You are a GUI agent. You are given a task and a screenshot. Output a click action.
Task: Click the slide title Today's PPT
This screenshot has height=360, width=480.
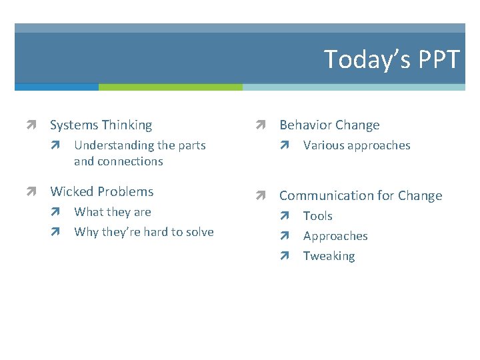391,60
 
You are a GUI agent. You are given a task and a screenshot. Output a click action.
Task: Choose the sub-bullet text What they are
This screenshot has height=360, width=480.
113,212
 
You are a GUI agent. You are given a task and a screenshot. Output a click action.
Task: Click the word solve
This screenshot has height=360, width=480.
199,232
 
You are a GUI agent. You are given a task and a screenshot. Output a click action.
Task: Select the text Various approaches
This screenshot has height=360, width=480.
357,145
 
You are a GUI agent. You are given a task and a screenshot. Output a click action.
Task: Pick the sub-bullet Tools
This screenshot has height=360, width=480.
317,216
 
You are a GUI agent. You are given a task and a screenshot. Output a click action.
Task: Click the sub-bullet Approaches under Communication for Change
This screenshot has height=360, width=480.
335,236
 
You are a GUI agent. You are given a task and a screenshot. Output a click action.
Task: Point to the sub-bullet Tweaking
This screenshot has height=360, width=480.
329,256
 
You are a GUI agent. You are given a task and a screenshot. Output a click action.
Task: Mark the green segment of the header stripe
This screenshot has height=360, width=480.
170,87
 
